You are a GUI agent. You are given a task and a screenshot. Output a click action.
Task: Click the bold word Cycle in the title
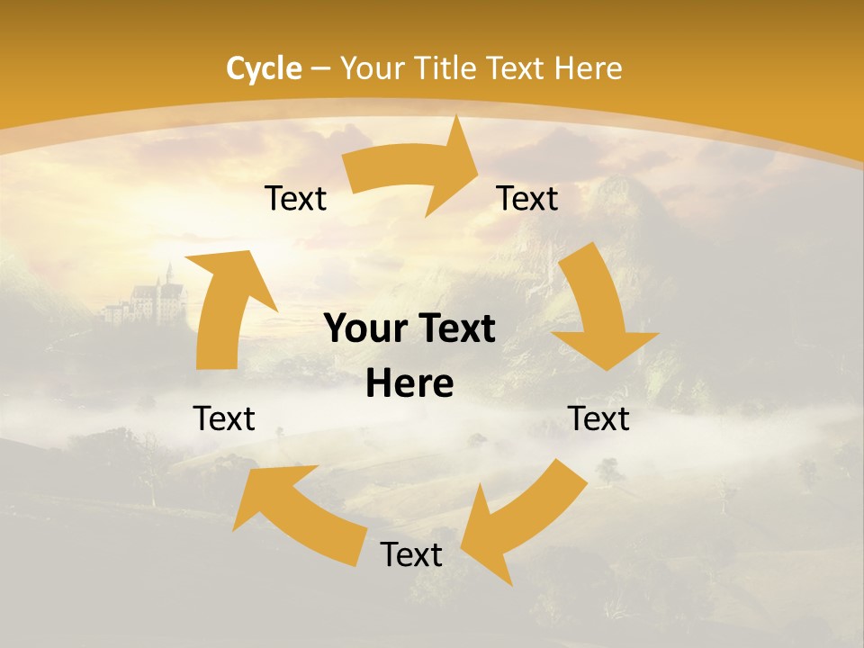[264, 68]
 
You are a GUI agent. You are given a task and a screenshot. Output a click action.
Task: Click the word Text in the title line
[517, 68]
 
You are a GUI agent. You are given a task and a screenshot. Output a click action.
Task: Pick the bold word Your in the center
[365, 329]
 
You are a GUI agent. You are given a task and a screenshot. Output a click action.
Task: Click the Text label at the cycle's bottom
[411, 554]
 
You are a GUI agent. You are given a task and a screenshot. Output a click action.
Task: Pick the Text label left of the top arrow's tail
[295, 198]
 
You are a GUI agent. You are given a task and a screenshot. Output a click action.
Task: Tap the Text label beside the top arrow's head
[527, 198]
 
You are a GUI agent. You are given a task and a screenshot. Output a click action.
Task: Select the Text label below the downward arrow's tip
[598, 418]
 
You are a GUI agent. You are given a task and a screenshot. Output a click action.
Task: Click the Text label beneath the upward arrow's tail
[224, 418]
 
